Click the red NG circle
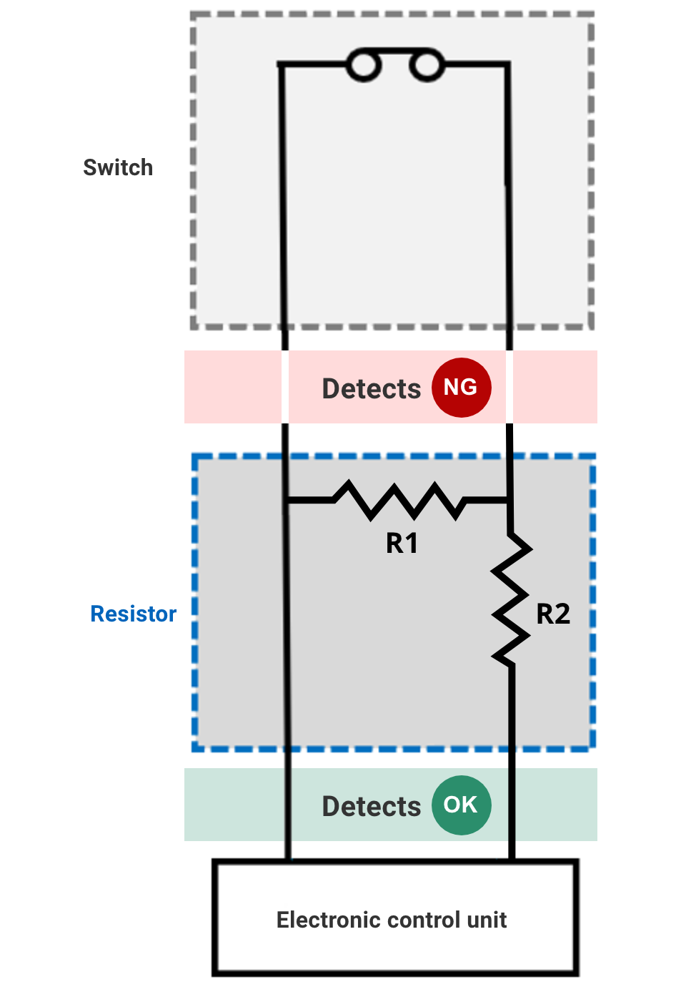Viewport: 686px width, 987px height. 461,388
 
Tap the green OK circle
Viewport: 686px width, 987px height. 461,805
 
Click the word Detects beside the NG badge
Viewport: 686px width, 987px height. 372,389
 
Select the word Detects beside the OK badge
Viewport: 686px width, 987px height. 372,807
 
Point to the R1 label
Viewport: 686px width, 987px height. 402,544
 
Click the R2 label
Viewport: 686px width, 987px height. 553,614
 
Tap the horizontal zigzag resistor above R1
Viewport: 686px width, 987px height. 399,499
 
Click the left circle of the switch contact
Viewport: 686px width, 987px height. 363,66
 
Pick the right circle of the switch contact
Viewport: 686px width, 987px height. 427,66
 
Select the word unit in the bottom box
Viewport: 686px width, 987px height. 487,920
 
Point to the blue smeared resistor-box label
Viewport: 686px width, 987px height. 136,622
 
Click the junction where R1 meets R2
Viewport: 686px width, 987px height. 509,500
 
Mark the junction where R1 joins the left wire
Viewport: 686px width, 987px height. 287,500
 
